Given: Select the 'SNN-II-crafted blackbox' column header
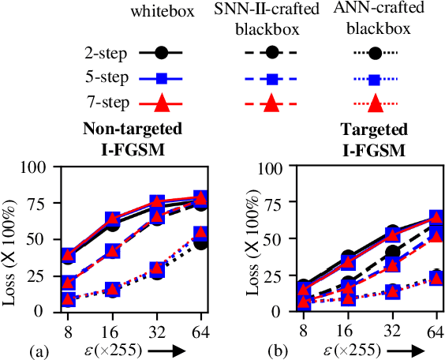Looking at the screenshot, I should pos(270,24).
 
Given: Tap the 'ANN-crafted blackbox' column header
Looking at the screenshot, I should pos(375,24).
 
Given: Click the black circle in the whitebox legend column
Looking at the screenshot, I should pos(163,54).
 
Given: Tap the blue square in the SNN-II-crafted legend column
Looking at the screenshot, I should pos(270,79).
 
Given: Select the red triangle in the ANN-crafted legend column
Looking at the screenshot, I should pos(375,103).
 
